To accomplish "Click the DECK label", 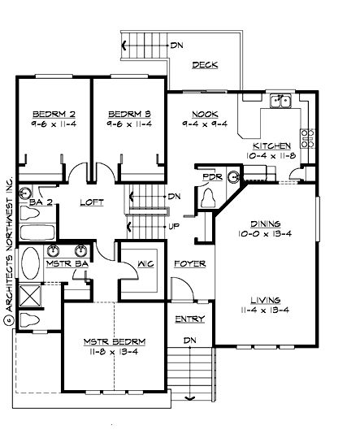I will tap(204, 65).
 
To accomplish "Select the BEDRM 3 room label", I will tap(128, 114).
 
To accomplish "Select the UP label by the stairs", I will tap(172, 226).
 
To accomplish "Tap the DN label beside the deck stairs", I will tap(176, 45).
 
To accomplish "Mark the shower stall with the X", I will tap(31, 294).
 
